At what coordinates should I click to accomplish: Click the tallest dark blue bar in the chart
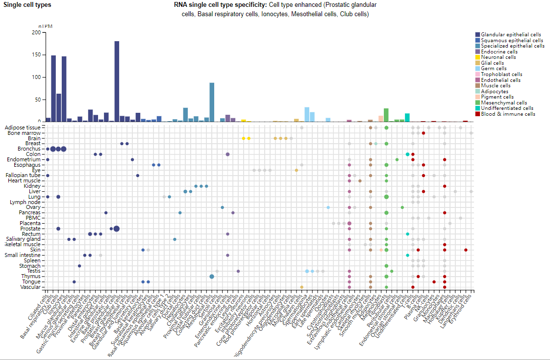click(x=117, y=81)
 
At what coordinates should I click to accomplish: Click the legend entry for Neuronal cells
click(x=499, y=57)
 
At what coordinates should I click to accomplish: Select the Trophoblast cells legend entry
click(x=501, y=74)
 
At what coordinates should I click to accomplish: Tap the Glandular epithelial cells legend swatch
click(x=477, y=34)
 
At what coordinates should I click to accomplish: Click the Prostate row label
click(x=30, y=229)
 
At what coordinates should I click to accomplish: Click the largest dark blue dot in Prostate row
click(x=117, y=229)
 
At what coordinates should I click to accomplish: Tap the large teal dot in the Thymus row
click(x=212, y=276)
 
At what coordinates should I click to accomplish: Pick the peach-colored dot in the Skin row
click(x=381, y=250)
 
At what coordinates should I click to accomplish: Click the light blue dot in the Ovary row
click(x=328, y=207)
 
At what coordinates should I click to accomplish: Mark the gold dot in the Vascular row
click(x=301, y=287)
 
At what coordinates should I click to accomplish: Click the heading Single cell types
click(x=27, y=5)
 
